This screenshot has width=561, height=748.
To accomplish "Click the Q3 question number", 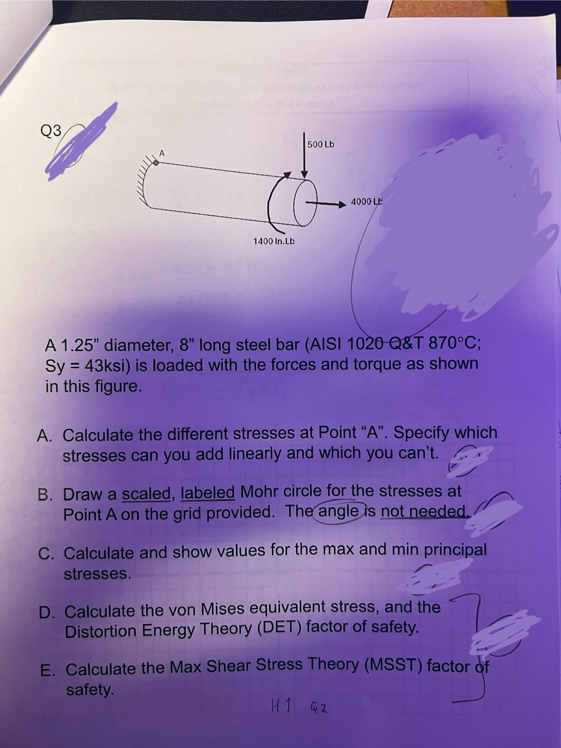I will (x=51, y=131).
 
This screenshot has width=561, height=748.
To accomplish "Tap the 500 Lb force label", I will (x=321, y=144).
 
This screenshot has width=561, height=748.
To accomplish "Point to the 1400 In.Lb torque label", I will (x=274, y=241).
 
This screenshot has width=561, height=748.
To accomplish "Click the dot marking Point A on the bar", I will (x=156, y=163).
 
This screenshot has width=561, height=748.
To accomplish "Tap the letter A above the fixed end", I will (x=162, y=153).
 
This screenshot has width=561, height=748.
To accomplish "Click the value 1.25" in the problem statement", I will (x=81, y=345).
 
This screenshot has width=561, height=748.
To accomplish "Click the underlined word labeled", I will (x=208, y=493).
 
